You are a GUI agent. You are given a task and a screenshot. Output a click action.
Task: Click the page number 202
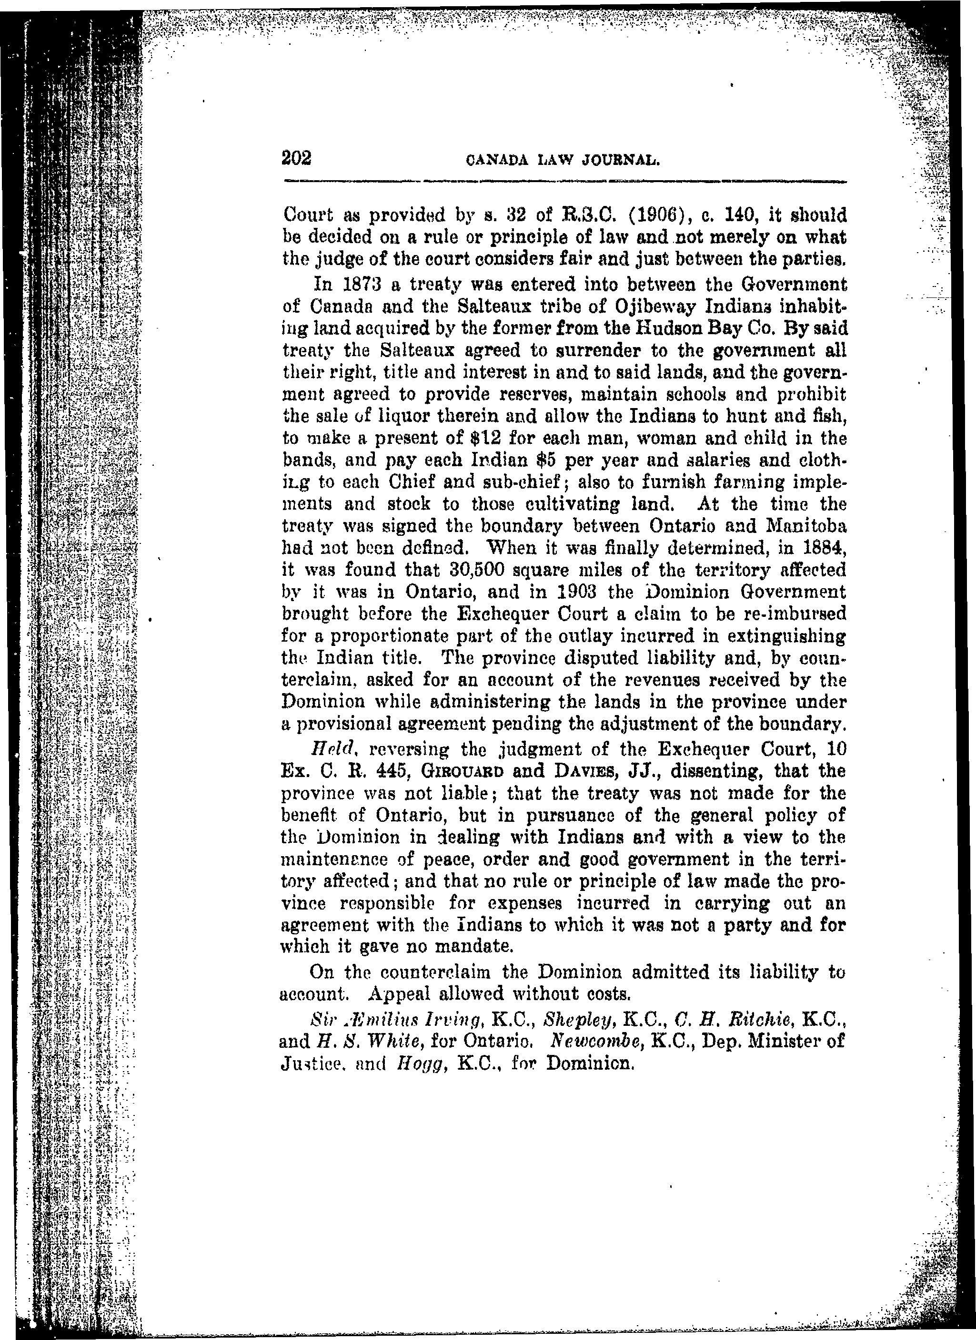pyautogui.click(x=297, y=158)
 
